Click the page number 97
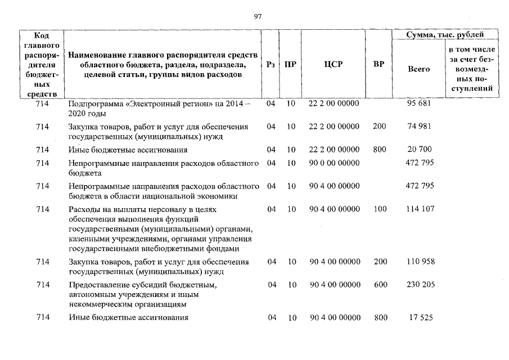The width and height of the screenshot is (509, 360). click(x=258, y=16)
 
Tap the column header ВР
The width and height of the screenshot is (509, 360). click(x=379, y=65)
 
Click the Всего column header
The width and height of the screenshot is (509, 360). click(x=418, y=69)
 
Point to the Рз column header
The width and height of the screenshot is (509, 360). click(x=271, y=65)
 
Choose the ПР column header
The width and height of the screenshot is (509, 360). click(x=290, y=65)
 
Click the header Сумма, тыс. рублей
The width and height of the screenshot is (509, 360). click(x=445, y=35)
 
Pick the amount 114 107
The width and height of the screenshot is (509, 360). click(x=420, y=209)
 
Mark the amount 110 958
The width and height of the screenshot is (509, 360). click(x=420, y=262)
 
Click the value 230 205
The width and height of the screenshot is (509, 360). click(x=420, y=285)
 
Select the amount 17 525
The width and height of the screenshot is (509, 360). click(x=420, y=318)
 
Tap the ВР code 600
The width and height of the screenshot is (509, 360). click(x=381, y=285)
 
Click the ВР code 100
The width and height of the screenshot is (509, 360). click(x=380, y=209)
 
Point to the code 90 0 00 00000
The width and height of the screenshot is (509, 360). click(x=335, y=163)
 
